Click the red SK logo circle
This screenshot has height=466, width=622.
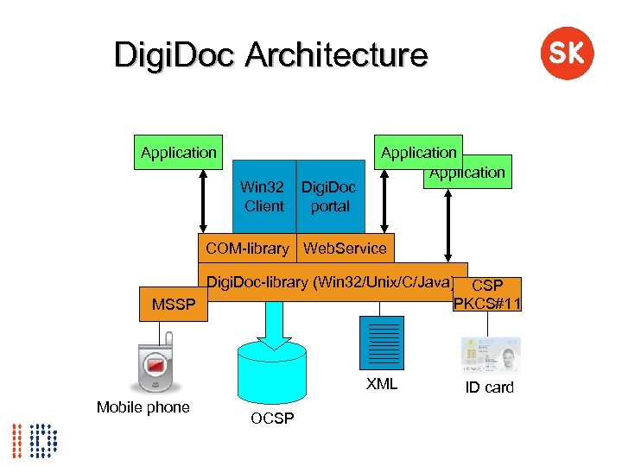(x=567, y=54)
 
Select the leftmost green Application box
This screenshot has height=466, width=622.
(x=178, y=153)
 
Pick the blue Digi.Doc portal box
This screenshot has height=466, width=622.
(x=329, y=197)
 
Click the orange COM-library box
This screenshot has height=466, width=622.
(x=247, y=249)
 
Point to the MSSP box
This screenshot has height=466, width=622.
(x=174, y=305)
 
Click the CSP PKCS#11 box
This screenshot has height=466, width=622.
(x=488, y=293)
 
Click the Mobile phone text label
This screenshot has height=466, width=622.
(x=143, y=407)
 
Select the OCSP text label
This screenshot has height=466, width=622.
(x=272, y=419)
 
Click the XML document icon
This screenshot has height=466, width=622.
(x=379, y=342)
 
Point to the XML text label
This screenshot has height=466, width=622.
(x=381, y=385)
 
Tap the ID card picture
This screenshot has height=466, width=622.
(x=491, y=354)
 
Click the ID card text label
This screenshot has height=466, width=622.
(x=489, y=387)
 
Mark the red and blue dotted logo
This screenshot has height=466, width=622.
(x=35, y=440)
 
